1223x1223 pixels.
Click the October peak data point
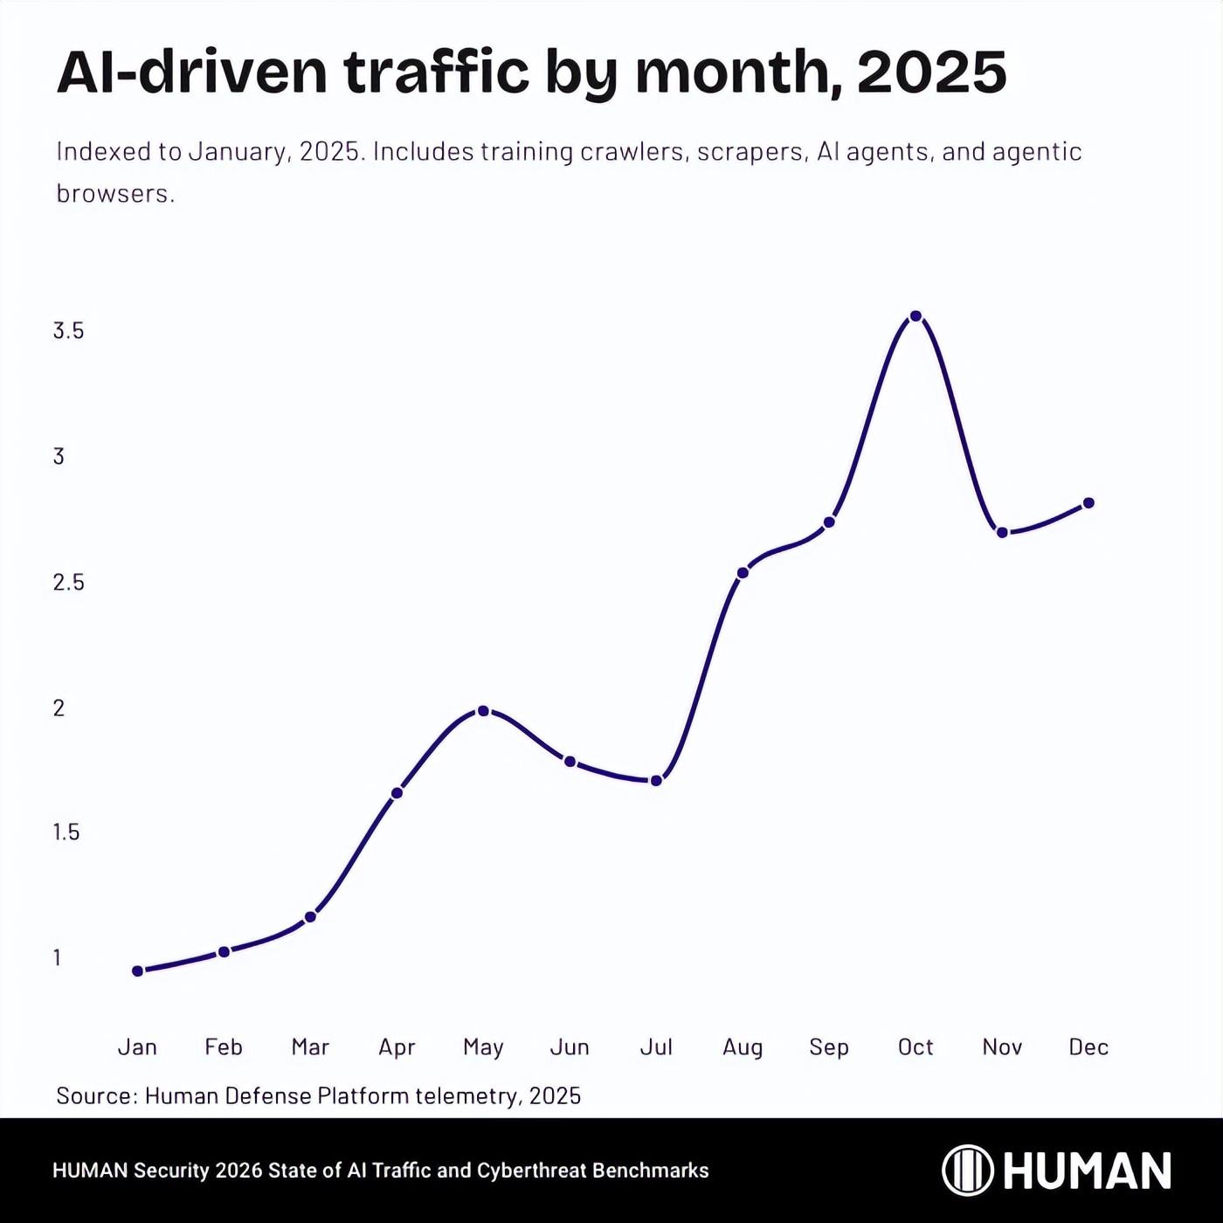(916, 316)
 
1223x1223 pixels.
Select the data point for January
(137, 971)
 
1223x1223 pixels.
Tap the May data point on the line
(483, 711)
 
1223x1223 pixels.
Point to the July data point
(656, 780)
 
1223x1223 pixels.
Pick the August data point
(743, 573)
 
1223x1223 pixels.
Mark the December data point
(1088, 503)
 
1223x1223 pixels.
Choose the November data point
(1002, 532)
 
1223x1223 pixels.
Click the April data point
(397, 793)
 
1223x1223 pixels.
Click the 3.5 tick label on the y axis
(68, 331)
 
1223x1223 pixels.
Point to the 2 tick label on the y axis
(59, 708)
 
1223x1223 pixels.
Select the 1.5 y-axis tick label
(66, 833)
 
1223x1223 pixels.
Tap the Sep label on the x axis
(828, 1047)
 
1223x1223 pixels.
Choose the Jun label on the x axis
(570, 1047)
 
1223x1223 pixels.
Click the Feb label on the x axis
(224, 1047)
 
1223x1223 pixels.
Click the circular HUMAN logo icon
(967, 1170)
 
